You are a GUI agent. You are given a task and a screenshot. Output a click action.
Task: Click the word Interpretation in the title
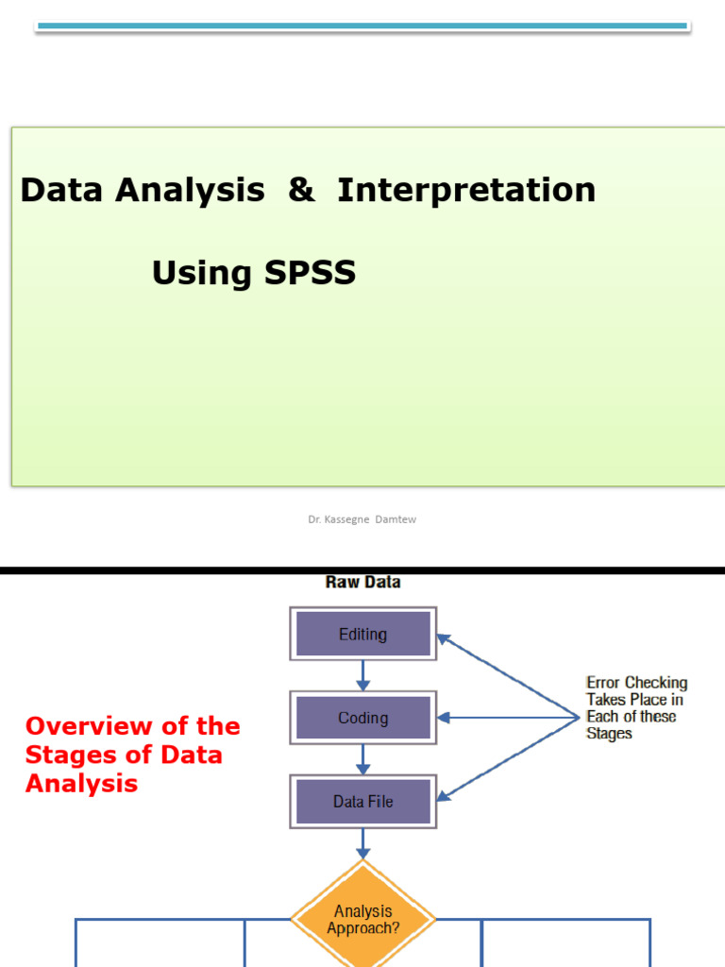[x=466, y=190]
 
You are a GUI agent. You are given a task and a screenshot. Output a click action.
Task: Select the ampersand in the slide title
[x=301, y=190]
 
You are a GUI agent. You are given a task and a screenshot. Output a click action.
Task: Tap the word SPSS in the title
[x=309, y=273]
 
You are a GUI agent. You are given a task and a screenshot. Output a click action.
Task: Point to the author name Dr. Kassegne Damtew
[x=362, y=518]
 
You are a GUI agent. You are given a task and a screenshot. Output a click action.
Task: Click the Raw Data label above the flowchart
[x=362, y=582]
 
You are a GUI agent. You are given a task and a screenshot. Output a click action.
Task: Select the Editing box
[x=362, y=634]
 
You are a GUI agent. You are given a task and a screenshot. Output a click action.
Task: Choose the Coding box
[x=362, y=718]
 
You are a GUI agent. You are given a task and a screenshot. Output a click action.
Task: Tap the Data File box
[x=362, y=801]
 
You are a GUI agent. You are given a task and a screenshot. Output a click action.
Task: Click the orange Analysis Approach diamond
[x=362, y=919]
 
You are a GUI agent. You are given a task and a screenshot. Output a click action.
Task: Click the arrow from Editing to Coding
[x=362, y=675]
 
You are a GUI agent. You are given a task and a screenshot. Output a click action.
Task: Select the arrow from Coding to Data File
[x=362, y=758]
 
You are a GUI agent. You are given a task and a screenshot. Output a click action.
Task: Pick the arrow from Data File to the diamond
[x=362, y=843]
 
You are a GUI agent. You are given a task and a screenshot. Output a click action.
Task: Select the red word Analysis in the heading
[x=81, y=784]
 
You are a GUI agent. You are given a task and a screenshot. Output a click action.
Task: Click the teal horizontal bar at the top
[x=362, y=26]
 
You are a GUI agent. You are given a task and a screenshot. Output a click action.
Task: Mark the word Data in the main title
[x=61, y=190]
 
